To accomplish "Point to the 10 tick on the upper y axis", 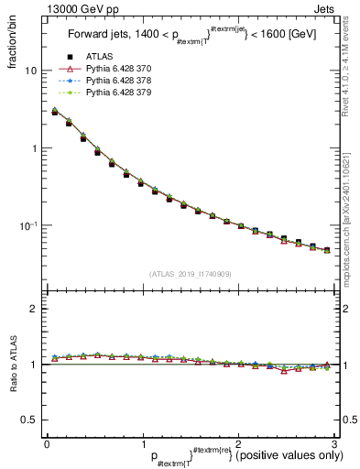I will pos(31,71).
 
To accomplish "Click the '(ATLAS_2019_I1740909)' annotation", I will pos(190,274).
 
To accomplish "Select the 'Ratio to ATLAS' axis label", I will pos(13,366).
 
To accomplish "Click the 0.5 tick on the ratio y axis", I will pos(30,420).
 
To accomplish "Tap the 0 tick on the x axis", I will pos(46,444).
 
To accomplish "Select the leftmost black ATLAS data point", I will pos(55,112).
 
